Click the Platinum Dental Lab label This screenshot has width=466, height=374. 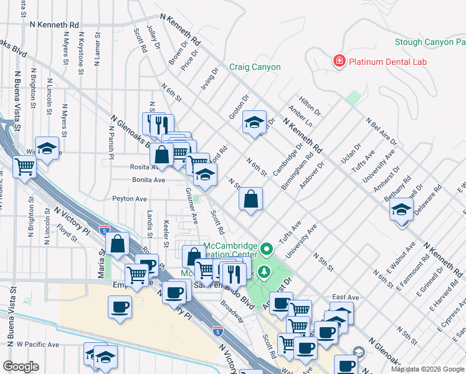tap(386, 61)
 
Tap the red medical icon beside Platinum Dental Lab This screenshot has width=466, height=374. tap(339, 60)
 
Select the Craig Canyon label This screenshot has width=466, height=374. tap(255, 67)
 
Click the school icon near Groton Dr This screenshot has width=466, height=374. tap(254, 123)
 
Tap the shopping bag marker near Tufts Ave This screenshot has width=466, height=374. tap(250, 200)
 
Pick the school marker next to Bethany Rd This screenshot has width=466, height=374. tap(401, 209)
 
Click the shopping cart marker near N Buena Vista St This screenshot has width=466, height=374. tap(24, 167)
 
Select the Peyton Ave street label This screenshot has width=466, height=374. tap(129, 199)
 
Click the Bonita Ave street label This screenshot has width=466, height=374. tap(148, 180)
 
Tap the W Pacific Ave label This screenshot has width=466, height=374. tap(37, 344)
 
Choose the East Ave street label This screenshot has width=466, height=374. tap(346, 297)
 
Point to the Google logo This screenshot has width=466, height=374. tap(21, 367)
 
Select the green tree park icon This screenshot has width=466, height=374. tap(264, 272)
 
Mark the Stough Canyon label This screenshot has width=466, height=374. tap(430, 42)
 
